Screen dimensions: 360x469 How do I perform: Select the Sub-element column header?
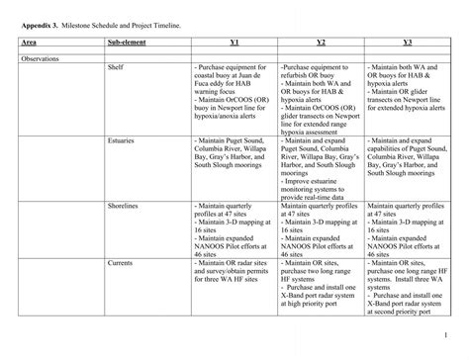point(128,43)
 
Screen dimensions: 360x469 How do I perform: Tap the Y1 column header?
point(234,43)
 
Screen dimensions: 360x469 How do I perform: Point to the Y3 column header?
point(408,43)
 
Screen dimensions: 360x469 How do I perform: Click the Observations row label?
point(41,59)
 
